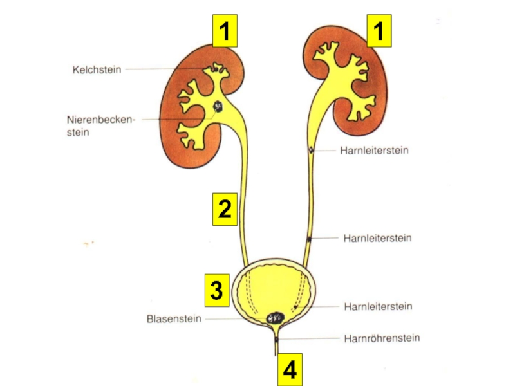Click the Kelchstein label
97,69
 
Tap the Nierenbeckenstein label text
101,126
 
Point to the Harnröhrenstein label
382,338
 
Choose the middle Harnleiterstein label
377,238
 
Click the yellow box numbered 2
225,209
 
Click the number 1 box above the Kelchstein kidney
225,31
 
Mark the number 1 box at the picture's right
380,31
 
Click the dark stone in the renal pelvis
219,107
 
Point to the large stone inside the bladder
277,317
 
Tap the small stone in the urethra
277,338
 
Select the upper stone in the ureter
311,151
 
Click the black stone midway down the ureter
309,239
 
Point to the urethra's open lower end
277,354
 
